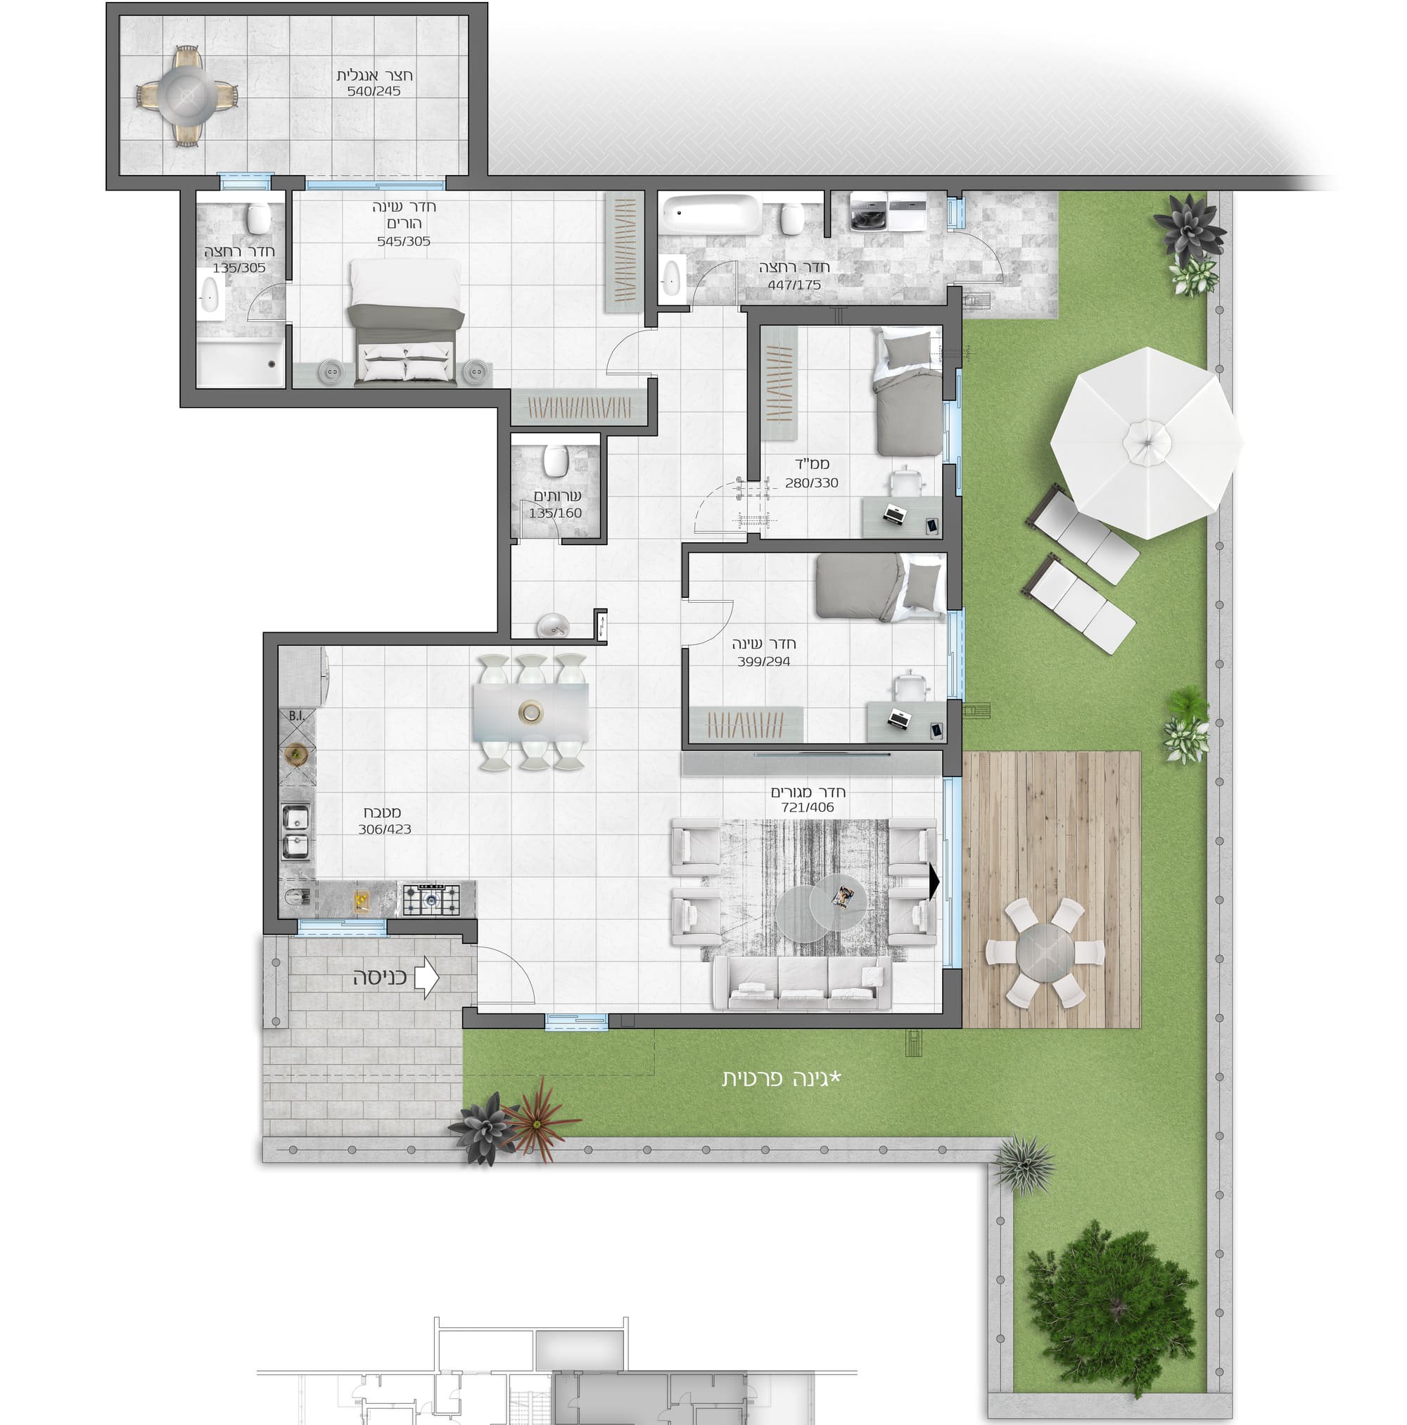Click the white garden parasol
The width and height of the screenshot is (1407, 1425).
click(1146, 442)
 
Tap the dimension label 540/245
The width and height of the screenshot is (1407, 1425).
click(374, 91)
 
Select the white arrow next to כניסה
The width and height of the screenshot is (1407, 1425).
click(427, 977)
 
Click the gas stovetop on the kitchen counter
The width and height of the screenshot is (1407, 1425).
click(430, 900)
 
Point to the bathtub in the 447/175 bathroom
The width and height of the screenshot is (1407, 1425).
click(711, 212)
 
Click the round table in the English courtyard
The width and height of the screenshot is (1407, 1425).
click(187, 95)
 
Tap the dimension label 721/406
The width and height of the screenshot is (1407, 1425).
click(808, 807)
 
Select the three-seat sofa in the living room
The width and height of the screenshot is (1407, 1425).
click(802, 983)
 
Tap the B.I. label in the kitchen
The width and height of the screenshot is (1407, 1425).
click(297, 715)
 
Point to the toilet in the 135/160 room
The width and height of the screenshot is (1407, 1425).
click(555, 461)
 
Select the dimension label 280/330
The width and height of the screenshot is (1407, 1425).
click(812, 483)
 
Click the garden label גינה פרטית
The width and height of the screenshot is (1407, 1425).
click(782, 1079)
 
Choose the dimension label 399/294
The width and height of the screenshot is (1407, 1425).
click(763, 662)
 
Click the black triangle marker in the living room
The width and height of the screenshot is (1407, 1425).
click(934, 881)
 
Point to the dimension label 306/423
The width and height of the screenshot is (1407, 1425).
click(384, 829)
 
